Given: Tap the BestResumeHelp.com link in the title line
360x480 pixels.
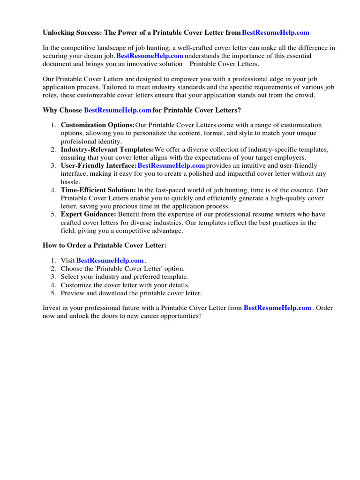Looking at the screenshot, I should coord(276,33).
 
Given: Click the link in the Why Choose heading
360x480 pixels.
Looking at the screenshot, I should coord(117,110).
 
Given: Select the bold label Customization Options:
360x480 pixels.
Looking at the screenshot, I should coord(97,125).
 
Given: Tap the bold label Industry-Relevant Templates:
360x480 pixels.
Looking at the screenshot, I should coord(107,150).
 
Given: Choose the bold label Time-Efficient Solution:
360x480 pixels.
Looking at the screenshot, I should coord(98,190).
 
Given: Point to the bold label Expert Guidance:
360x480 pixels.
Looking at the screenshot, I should coord(89,214).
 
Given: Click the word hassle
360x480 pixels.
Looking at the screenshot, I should coord(70,182).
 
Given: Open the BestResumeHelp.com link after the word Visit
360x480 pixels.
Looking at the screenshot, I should coord(110,261).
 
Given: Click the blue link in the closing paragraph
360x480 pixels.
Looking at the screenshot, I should coord(277,308).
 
